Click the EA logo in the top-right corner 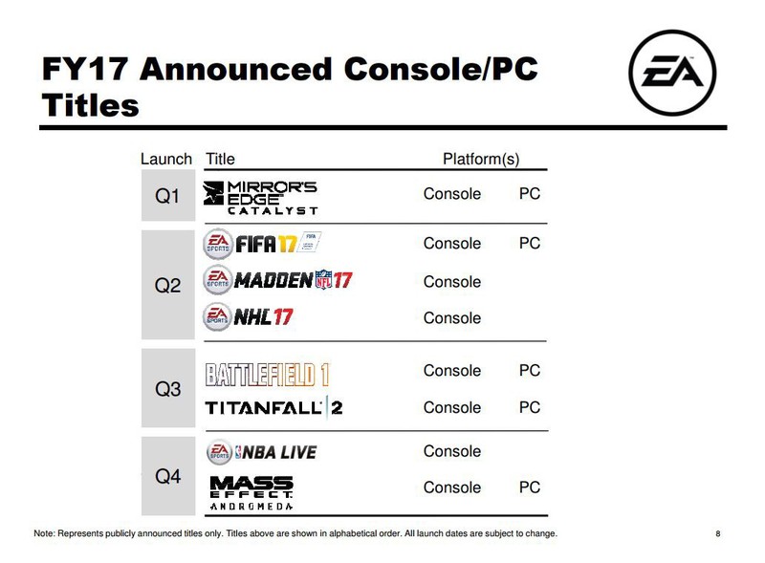point(672,73)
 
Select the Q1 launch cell point(168,195)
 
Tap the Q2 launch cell point(168,285)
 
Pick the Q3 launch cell point(168,388)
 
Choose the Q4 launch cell point(168,476)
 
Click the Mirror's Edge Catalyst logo point(260,198)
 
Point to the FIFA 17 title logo point(262,243)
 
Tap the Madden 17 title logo point(277,280)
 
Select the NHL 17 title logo point(248,317)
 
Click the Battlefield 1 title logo point(268,375)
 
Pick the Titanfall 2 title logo point(273,407)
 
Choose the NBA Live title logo point(261,452)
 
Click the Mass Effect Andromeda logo point(251,493)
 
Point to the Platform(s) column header point(481,159)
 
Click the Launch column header point(166,159)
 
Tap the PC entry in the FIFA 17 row point(530,243)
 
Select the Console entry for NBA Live point(452,451)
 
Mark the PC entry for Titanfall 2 point(530,407)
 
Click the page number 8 point(718,533)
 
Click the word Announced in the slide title point(235,69)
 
